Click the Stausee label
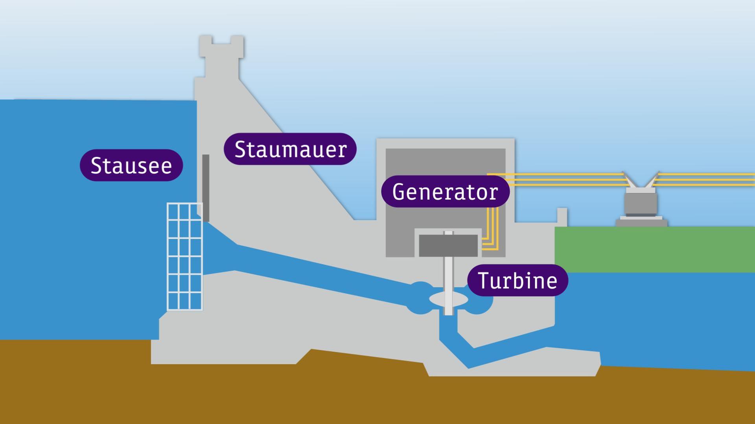pyautogui.click(x=131, y=165)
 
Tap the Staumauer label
pyautogui.click(x=290, y=149)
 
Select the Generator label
pyautogui.click(x=445, y=192)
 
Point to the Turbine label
pyautogui.click(x=517, y=280)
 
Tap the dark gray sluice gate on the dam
pyautogui.click(x=206, y=188)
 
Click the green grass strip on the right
pyautogui.click(x=654, y=249)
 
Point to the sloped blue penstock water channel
pyautogui.click(x=315, y=271)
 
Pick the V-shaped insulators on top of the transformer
pyautogui.click(x=641, y=181)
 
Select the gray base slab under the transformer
pyautogui.click(x=641, y=223)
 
